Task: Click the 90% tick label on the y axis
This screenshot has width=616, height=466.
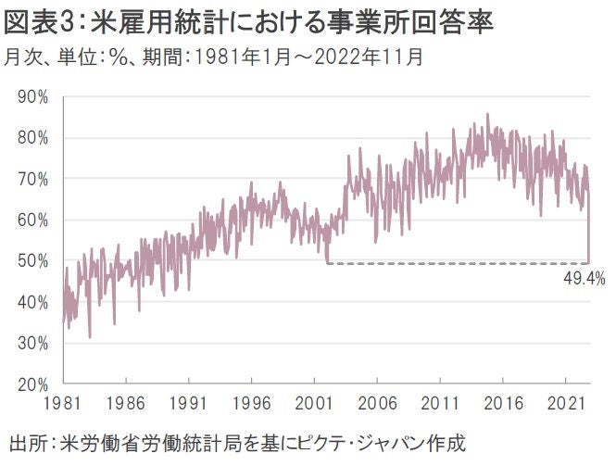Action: coord(33,96)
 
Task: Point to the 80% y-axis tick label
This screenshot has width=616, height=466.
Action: coord(33,137)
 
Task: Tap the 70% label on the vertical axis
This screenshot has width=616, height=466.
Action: coord(33,178)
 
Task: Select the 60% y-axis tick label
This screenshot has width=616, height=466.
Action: coord(33,220)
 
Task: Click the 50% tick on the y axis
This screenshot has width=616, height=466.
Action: coord(33,260)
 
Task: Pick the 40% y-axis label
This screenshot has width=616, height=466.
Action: coord(33,301)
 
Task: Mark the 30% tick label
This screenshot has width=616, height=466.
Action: coord(33,343)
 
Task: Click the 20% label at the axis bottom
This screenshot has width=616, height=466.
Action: coord(33,384)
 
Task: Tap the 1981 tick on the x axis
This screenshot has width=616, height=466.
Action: coord(63,405)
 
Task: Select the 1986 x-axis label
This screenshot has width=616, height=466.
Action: coord(126,405)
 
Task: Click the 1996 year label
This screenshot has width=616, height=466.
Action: coord(251,405)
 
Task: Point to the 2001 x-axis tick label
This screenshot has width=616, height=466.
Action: coord(314,405)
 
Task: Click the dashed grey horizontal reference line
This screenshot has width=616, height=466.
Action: coord(454,263)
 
